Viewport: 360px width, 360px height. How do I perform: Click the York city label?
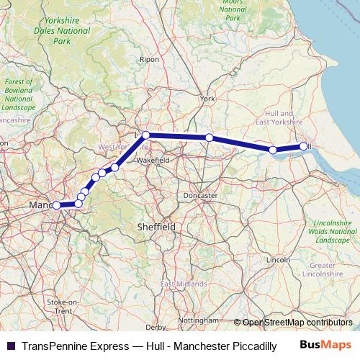pyautogui.click(x=208, y=98)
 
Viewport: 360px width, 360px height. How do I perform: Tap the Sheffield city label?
pyautogui.click(x=156, y=226)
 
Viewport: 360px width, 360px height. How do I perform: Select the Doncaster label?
pyautogui.click(x=200, y=195)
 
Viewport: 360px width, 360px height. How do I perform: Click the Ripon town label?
pyautogui.click(x=149, y=59)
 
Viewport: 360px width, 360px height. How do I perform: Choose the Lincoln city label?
pyautogui.click(x=277, y=258)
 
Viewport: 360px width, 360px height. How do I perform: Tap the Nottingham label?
pyautogui.click(x=198, y=320)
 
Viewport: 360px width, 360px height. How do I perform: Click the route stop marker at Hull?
pyautogui.click(x=304, y=146)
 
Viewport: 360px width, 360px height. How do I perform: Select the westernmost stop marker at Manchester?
pyautogui.click(x=56, y=205)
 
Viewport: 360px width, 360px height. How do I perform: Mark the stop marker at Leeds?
pyautogui.click(x=145, y=135)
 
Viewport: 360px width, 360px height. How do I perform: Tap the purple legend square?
pyautogui.click(x=10, y=345)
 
